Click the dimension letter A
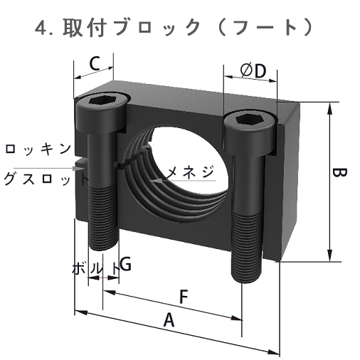pyautogui.click(x=169, y=321)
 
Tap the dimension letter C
pyautogui.click(x=94, y=63)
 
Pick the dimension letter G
pyautogui.click(x=125, y=265)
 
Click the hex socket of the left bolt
pyautogui.click(x=105, y=101)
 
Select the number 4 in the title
pyautogui.click(x=41, y=28)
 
